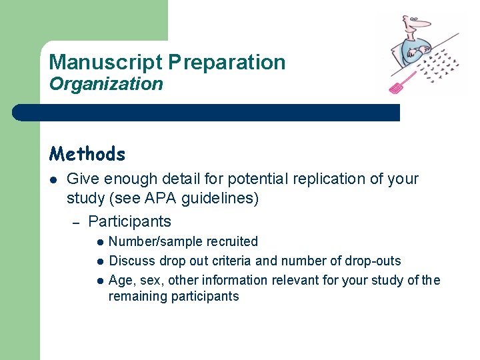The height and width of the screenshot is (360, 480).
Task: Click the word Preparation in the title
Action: pyautogui.click(x=227, y=63)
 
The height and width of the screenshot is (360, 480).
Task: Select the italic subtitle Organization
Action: pyautogui.click(x=106, y=84)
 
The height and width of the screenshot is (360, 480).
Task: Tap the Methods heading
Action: pyautogui.click(x=87, y=154)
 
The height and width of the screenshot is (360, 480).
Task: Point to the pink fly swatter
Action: pyautogui.click(x=403, y=83)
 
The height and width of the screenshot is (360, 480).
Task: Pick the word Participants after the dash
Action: pyautogui.click(x=129, y=221)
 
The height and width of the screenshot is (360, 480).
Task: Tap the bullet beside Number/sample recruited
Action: pyautogui.click(x=99, y=242)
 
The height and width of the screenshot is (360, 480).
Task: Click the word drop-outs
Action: pyautogui.click(x=375, y=261)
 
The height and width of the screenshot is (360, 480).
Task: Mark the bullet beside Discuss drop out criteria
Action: pyautogui.click(x=99, y=261)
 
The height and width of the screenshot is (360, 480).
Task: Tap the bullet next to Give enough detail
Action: pyautogui.click(x=53, y=179)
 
